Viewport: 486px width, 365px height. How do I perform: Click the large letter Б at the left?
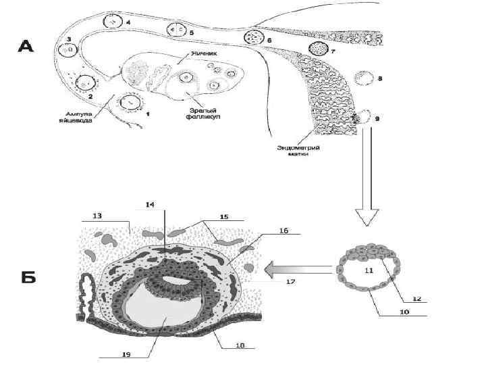pyautogui.click(x=26, y=277)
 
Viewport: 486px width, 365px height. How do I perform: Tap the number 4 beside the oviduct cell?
pyautogui.click(x=129, y=22)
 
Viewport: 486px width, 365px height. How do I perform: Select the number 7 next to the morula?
pyautogui.click(x=333, y=51)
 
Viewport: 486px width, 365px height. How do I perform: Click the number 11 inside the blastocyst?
pyautogui.click(x=369, y=270)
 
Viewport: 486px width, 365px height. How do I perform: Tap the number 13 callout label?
pyautogui.click(x=97, y=216)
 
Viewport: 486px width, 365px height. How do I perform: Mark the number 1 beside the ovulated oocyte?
pyautogui.click(x=149, y=114)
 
